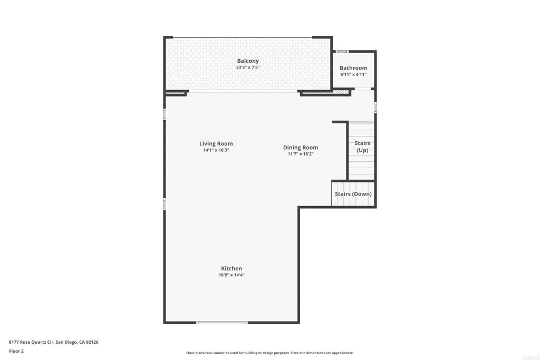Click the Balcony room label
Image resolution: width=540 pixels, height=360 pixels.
coord(248,61)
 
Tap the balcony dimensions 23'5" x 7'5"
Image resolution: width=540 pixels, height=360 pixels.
coord(248,67)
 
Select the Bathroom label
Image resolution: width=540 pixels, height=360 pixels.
coord(353,68)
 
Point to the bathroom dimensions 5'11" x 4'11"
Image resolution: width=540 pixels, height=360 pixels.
coord(353,74)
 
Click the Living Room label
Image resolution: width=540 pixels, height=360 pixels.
coord(216,143)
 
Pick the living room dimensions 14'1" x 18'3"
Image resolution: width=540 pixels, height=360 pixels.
coord(216,150)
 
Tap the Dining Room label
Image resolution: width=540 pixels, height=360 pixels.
coord(301,148)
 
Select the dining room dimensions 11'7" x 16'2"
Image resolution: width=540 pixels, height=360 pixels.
coord(301,154)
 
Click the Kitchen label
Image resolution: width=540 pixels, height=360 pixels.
coord(232,268)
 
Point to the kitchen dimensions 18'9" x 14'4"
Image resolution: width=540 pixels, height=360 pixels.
coord(232,275)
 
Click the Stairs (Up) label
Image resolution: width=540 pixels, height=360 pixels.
coord(362,147)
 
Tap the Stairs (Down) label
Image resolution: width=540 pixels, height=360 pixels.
coord(353,194)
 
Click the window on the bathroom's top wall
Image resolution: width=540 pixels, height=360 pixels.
coord(343,51)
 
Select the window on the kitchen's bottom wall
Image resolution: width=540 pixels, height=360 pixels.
coord(221,322)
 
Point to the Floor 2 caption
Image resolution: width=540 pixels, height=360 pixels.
coord(16,351)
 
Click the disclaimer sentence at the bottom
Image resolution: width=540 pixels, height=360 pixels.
coord(269,353)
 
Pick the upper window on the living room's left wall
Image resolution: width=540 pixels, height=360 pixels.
coord(165,114)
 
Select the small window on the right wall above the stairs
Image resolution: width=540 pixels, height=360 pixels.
coord(375,107)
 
